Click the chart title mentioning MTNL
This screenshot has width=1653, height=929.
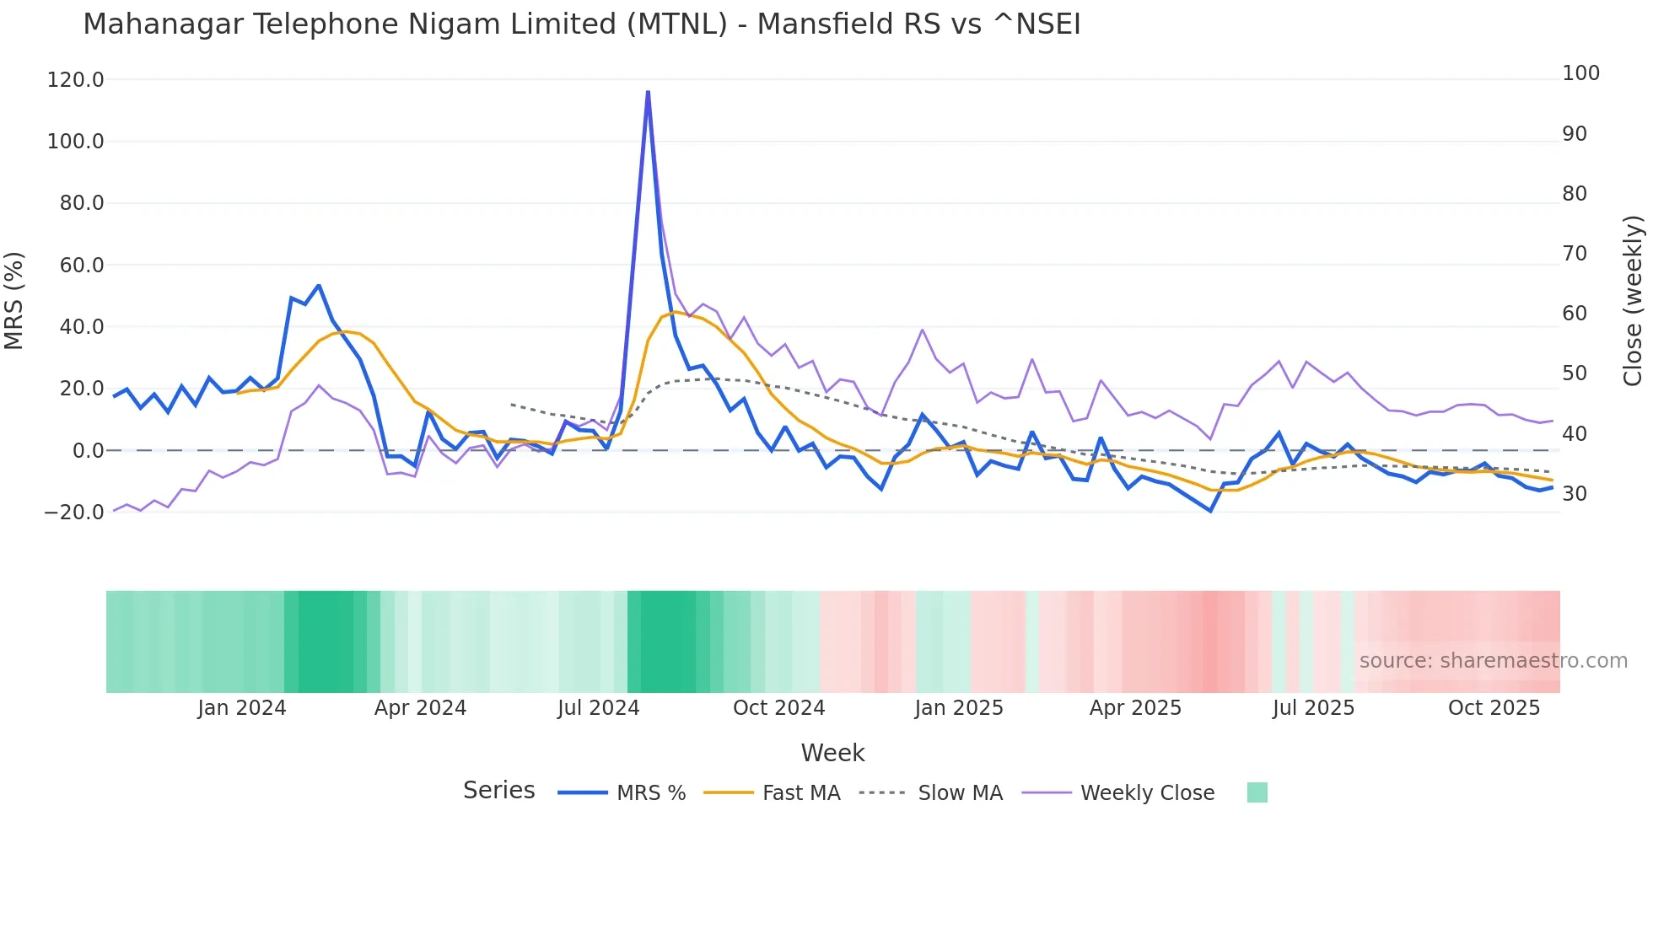point(581,24)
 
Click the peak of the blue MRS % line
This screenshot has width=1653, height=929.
point(648,92)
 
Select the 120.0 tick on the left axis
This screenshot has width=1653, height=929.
point(76,80)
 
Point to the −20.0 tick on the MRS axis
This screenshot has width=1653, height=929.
point(74,513)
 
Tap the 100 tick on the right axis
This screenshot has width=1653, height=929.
point(1580,73)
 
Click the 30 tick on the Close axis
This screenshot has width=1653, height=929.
point(1574,494)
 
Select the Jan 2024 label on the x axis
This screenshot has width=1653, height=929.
point(242,708)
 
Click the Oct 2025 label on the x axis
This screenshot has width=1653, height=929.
point(1494,708)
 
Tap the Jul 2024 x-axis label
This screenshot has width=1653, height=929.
point(598,708)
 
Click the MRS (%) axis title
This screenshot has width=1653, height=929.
point(14,300)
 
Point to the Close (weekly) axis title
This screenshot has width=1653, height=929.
point(1633,300)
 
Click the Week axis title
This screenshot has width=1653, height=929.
point(832,753)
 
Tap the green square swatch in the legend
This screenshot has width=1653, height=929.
point(1257,792)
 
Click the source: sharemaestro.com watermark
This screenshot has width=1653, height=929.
point(1493,661)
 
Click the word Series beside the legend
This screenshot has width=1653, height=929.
point(498,791)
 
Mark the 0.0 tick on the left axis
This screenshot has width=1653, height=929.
point(88,451)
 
